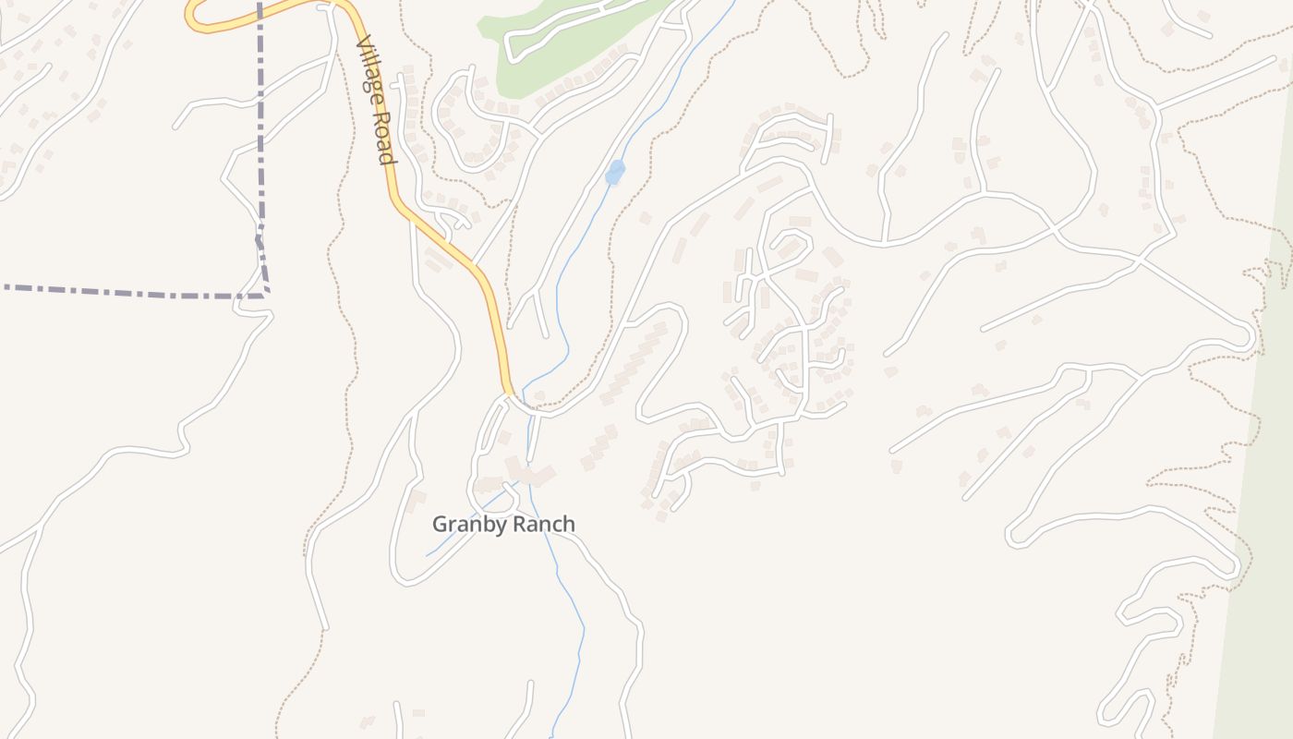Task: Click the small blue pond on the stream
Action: click(x=614, y=172)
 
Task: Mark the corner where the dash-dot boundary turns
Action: click(x=267, y=295)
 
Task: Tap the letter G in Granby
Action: click(x=440, y=524)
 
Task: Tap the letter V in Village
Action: click(x=362, y=44)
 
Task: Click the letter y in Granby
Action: click(x=494, y=527)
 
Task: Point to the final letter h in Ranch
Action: click(x=568, y=524)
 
